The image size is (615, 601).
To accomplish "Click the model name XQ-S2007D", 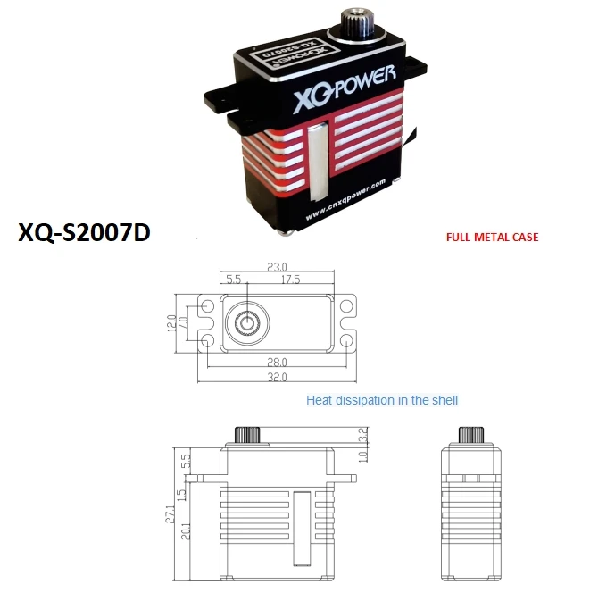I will click(84, 233).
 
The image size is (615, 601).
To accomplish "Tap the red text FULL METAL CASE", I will click(492, 238).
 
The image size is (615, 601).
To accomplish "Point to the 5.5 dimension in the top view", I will click(235, 280).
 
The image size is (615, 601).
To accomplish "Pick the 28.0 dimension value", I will click(278, 362).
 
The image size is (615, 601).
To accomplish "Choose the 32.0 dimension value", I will click(278, 377).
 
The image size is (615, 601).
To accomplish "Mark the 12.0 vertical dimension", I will click(172, 321).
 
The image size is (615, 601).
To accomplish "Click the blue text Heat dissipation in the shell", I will click(382, 400).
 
